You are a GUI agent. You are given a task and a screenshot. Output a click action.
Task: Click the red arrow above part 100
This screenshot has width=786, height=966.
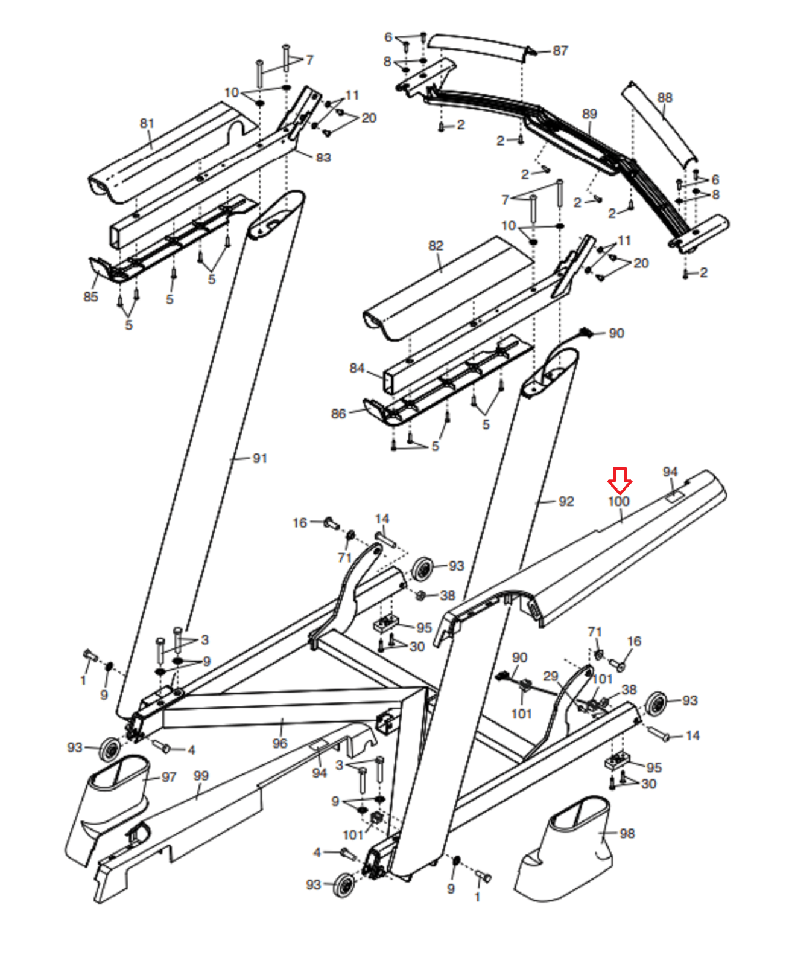coord(620,480)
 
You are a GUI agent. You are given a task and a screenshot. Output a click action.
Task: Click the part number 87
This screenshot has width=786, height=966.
coord(560,51)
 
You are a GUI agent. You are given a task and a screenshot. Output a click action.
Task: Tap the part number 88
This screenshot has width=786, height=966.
coord(665,98)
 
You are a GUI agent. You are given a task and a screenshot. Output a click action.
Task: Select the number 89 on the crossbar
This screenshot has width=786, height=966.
coord(589,114)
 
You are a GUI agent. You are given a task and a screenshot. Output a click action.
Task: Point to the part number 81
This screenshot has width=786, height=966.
coord(147,123)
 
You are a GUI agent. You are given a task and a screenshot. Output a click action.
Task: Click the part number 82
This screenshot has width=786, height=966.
coord(436,246)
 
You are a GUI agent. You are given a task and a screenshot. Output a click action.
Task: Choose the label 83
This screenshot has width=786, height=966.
coord(323,158)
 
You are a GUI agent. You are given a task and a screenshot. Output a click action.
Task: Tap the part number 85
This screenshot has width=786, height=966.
coord(90,296)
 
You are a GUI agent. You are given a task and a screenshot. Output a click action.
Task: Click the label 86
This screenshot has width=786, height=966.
coord(338,414)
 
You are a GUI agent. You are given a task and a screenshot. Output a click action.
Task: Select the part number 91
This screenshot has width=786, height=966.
coord(259,458)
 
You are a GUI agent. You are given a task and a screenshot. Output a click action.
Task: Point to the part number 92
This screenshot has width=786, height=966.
coord(566,501)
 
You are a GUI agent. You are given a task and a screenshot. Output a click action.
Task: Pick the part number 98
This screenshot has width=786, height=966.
coord(627,833)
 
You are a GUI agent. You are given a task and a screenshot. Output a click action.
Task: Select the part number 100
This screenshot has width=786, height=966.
coord(619,501)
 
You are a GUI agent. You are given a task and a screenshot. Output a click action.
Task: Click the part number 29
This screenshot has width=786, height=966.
coord(550,676)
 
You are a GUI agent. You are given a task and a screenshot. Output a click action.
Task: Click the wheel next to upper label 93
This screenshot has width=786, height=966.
coord(423,568)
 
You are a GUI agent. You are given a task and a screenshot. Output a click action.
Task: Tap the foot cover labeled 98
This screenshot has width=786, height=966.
coord(563,849)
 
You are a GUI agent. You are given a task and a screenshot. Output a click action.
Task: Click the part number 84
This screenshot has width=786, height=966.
coord(357,368)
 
